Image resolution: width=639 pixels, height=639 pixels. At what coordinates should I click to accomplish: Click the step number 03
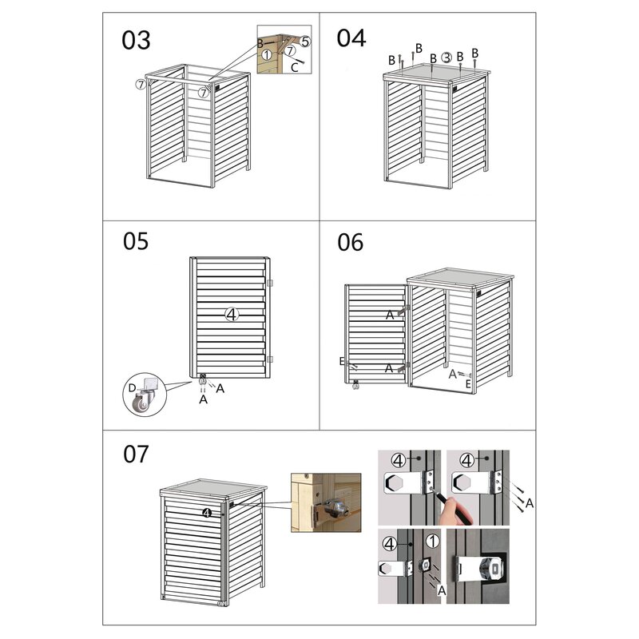[136, 41]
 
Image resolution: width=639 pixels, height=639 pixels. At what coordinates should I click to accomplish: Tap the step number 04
[351, 38]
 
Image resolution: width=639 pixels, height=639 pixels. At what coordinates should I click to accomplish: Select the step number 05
[136, 241]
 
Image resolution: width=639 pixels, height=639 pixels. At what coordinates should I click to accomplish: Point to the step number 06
[350, 243]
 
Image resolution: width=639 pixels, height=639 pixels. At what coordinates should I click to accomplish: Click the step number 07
[136, 454]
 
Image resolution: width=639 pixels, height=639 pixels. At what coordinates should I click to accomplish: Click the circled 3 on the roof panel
[447, 58]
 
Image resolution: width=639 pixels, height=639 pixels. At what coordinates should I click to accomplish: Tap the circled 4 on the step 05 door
[232, 314]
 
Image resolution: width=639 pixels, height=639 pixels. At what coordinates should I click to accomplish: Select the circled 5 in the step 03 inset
[305, 42]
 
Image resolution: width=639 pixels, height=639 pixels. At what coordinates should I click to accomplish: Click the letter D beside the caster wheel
[132, 387]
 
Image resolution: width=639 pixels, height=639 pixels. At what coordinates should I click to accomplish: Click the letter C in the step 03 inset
[295, 68]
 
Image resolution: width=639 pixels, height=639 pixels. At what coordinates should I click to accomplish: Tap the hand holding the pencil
[455, 510]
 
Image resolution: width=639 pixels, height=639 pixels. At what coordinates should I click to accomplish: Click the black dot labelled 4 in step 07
[207, 513]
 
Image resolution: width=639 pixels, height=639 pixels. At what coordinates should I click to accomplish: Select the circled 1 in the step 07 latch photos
[432, 542]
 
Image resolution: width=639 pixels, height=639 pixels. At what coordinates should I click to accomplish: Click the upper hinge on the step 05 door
[269, 283]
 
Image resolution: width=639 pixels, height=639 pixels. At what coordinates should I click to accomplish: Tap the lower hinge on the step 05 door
[269, 359]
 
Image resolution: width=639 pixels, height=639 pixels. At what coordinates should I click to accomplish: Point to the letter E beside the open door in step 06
[342, 361]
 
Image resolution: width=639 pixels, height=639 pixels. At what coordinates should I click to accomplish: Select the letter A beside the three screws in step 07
[530, 503]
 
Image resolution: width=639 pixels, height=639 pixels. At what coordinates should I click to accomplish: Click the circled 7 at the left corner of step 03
[141, 85]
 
